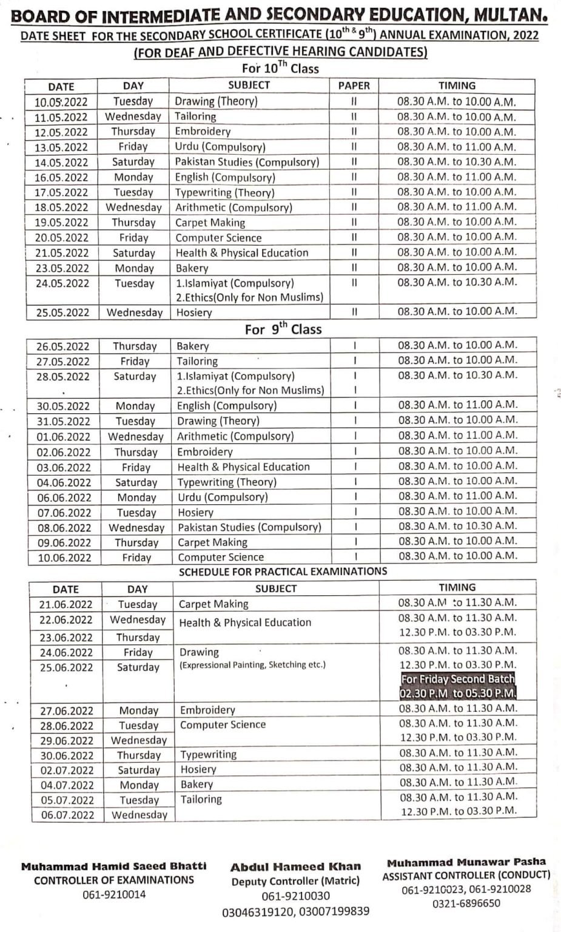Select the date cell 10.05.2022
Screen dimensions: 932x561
[61, 102]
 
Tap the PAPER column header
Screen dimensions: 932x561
[354, 86]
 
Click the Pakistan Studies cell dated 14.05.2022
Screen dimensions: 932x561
[246, 162]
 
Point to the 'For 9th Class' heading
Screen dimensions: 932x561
[283, 329]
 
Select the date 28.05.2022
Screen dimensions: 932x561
[63, 377]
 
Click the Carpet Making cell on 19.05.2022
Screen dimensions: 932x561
[210, 223]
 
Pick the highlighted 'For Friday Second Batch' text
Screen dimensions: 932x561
[458, 680]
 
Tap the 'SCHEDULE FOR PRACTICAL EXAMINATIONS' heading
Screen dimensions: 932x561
[283, 572]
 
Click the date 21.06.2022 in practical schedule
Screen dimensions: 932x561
[66, 604]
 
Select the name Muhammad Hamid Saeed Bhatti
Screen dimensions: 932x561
[114, 866]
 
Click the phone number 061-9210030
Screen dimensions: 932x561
[295, 896]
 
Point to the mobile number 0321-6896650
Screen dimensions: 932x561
[466, 903]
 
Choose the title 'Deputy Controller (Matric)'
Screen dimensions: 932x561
[295, 881]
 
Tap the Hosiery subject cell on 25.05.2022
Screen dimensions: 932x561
[194, 312]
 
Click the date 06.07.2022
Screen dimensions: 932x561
[67, 815]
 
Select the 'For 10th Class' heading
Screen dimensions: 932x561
[280, 69]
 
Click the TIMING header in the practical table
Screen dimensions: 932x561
[457, 587]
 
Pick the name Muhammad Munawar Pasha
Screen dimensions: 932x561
[466, 862]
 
